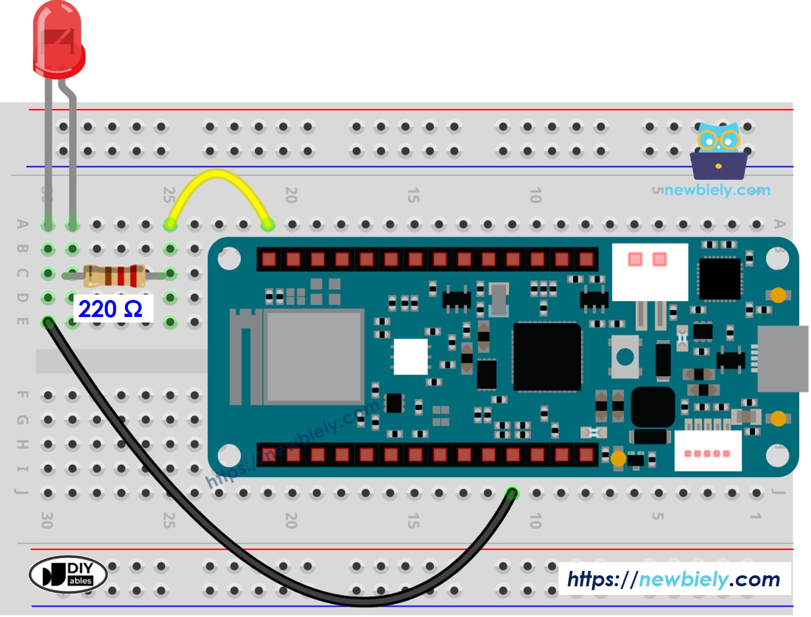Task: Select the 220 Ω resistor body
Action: pyautogui.click(x=114, y=275)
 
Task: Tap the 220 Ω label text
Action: pyautogui.click(x=111, y=309)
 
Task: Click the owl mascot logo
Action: pyautogui.click(x=718, y=151)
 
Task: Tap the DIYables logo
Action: pyautogui.click(x=68, y=575)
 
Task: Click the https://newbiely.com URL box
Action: pyautogui.click(x=674, y=579)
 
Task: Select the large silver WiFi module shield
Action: pyautogui.click(x=313, y=356)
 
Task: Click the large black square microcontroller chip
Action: pyautogui.click(x=547, y=356)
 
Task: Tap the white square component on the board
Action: pyautogui.click(x=411, y=356)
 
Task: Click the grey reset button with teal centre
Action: pyautogui.click(x=625, y=357)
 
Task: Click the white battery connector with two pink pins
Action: pyautogui.click(x=650, y=271)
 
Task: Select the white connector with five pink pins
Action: pyautogui.click(x=708, y=451)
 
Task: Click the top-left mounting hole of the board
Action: pyautogui.click(x=229, y=259)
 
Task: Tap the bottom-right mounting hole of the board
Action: pyautogui.click(x=778, y=455)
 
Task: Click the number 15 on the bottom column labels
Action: pyautogui.click(x=414, y=520)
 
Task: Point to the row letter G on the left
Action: pyautogui.click(x=22, y=420)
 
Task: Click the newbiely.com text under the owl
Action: pyautogui.click(x=717, y=190)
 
